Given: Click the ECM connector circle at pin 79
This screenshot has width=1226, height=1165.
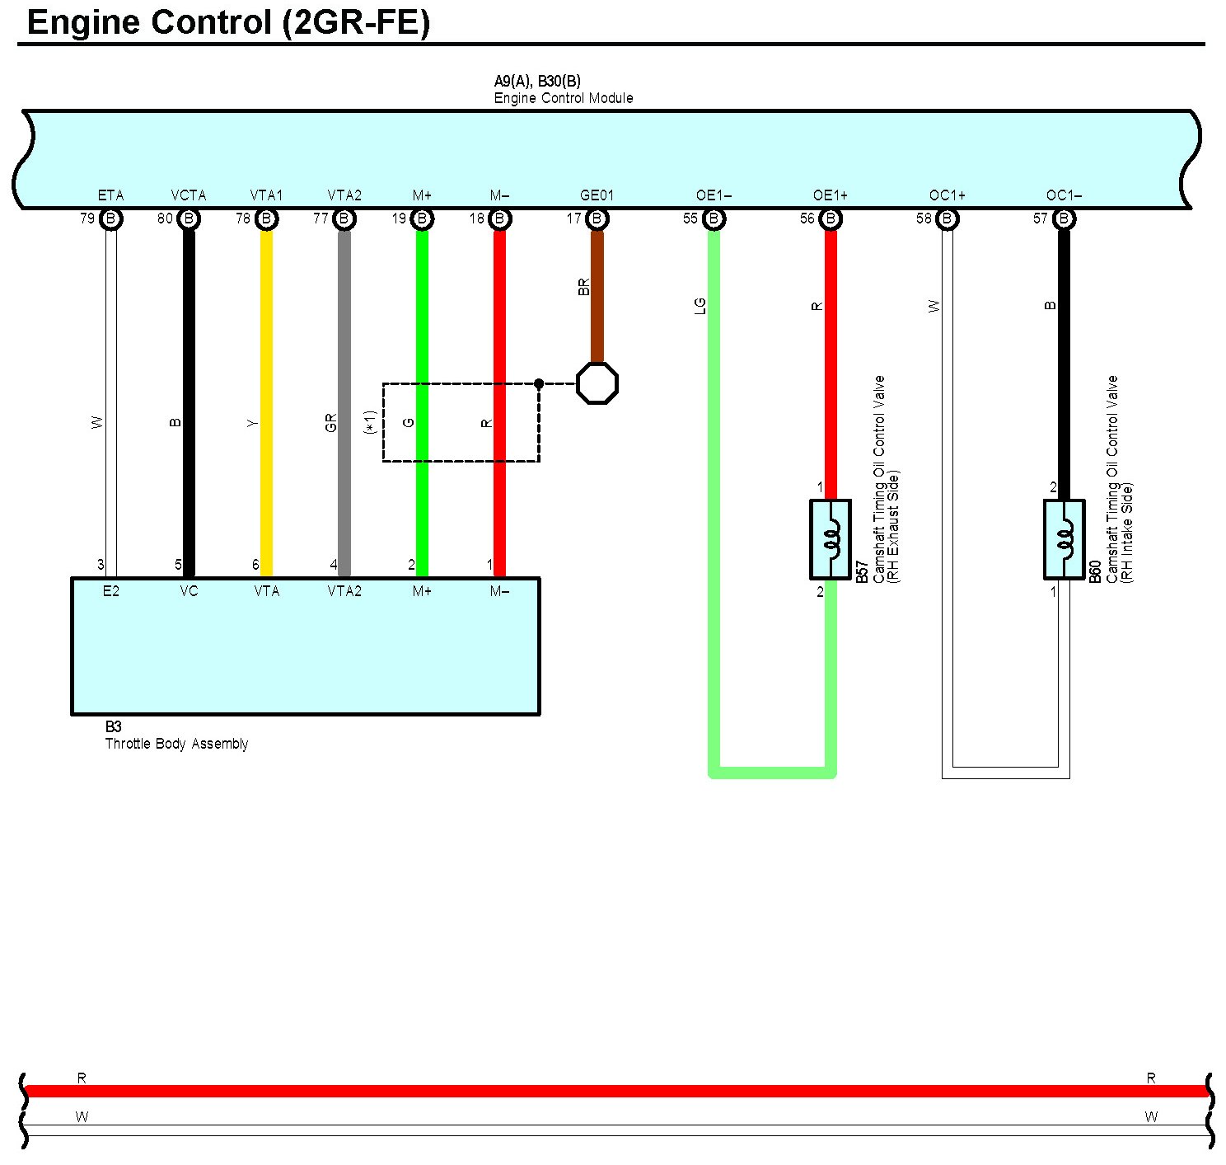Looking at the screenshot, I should pyautogui.click(x=111, y=219).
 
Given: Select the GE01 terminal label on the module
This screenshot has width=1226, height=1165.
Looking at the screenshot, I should pyautogui.click(x=597, y=195).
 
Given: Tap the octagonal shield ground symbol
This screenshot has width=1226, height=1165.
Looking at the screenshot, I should pyautogui.click(x=597, y=383).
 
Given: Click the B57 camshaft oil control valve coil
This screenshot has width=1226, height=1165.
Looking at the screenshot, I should pyautogui.click(x=831, y=539).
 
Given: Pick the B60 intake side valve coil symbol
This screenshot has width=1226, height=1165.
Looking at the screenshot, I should pyautogui.click(x=1064, y=539).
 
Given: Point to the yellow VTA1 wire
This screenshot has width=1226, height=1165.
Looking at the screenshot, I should pyautogui.click(x=266, y=396).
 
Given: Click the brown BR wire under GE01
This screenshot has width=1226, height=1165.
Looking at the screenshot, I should pyautogui.click(x=597, y=297).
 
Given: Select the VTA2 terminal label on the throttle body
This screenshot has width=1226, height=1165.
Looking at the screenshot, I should pyautogui.click(x=344, y=591).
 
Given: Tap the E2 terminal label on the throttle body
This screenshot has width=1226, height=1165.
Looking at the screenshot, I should pyautogui.click(x=111, y=591).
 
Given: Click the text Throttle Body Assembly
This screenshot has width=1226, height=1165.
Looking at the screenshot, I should pyautogui.click(x=176, y=744).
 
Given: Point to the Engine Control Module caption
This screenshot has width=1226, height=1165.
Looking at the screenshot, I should pyautogui.click(x=564, y=98).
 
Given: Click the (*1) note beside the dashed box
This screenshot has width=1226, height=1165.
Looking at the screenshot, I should pyautogui.click(x=371, y=422).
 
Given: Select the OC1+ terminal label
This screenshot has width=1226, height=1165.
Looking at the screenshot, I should pyautogui.click(x=947, y=195).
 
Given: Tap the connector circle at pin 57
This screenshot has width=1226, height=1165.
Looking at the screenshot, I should pyautogui.click(x=1064, y=219).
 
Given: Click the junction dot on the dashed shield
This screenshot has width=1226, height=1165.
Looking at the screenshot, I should pyautogui.click(x=539, y=383).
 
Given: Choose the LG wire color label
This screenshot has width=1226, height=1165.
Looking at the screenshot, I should pyautogui.click(x=700, y=306).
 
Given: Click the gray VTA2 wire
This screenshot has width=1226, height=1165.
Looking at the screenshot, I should pyautogui.click(x=344, y=396).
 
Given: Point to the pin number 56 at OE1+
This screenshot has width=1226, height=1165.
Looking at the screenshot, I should pyautogui.click(x=807, y=218).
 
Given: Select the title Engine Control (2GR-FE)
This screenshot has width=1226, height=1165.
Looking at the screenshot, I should pyautogui.click(x=228, y=23).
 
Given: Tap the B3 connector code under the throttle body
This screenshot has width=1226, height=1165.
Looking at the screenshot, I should pyautogui.click(x=113, y=727).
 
